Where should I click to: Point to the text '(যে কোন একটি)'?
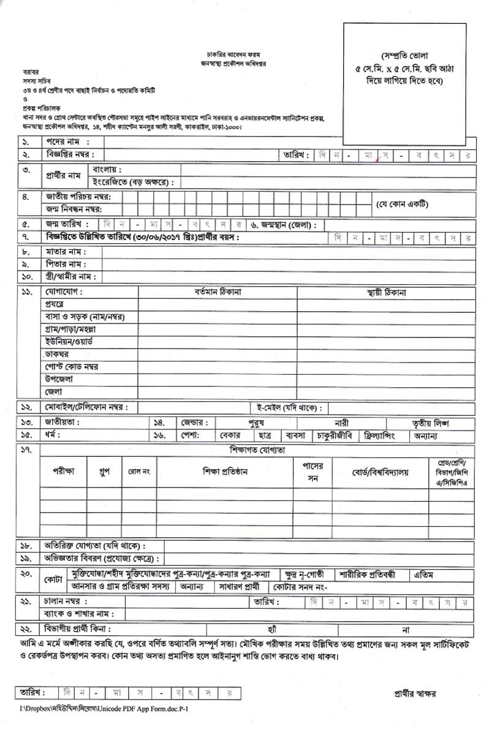(x=402, y=203)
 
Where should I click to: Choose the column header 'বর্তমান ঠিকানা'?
(x=217, y=293)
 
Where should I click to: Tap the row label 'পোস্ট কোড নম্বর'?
(x=72, y=367)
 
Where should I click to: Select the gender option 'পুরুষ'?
(x=256, y=423)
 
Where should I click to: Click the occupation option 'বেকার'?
(x=230, y=435)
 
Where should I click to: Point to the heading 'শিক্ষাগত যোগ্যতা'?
(x=257, y=450)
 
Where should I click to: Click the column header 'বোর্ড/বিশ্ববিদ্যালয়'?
(x=380, y=472)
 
